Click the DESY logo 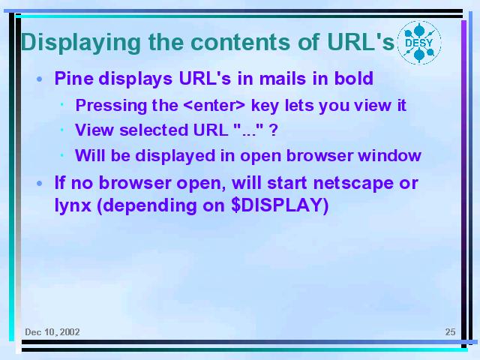tap(419, 43)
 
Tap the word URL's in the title tap(360, 42)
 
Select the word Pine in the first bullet tap(74, 78)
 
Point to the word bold tap(354, 78)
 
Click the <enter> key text tap(214, 105)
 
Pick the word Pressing tap(111, 106)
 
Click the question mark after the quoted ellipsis tap(273, 130)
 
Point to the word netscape tap(353, 183)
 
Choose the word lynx tap(73, 205)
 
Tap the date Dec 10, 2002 tap(52, 332)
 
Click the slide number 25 tap(450, 331)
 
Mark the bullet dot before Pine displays tap(39, 79)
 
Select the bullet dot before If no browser tap(39, 184)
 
